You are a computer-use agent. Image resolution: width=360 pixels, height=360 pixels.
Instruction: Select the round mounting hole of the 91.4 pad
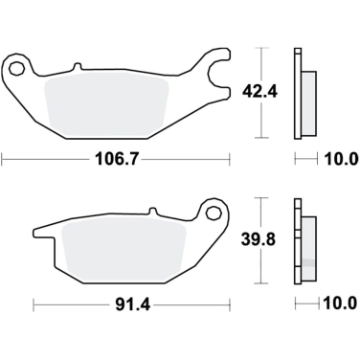click(x=213, y=210)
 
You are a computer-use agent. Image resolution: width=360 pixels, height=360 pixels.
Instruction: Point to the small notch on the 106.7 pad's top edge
click(x=76, y=67)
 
